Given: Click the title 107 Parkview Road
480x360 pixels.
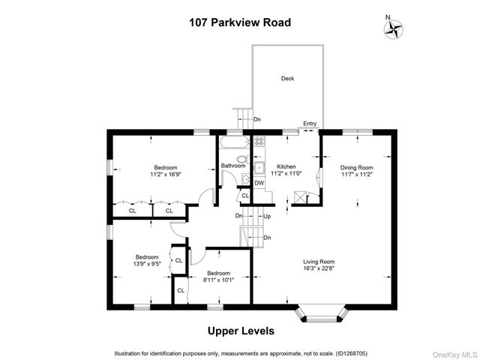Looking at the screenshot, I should [239, 22].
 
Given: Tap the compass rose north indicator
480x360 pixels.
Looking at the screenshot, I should [393, 29].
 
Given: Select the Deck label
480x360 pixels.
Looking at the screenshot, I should [287, 78].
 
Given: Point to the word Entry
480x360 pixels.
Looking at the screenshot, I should [309, 124].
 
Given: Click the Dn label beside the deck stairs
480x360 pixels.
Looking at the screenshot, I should [257, 119].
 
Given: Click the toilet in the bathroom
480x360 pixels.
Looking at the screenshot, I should [242, 159].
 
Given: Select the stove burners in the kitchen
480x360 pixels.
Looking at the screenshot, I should [259, 141].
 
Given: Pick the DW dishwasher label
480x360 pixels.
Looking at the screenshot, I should [259, 183].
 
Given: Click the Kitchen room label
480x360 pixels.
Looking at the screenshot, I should [286, 166].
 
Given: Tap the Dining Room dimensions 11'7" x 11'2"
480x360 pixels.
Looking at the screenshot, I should [356, 174].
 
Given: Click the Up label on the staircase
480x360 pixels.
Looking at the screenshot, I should [265, 217].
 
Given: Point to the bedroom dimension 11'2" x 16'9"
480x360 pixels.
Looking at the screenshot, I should [166, 174].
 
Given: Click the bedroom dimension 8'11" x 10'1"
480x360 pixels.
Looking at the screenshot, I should [218, 280].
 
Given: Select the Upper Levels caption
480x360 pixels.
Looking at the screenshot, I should [240, 331].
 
